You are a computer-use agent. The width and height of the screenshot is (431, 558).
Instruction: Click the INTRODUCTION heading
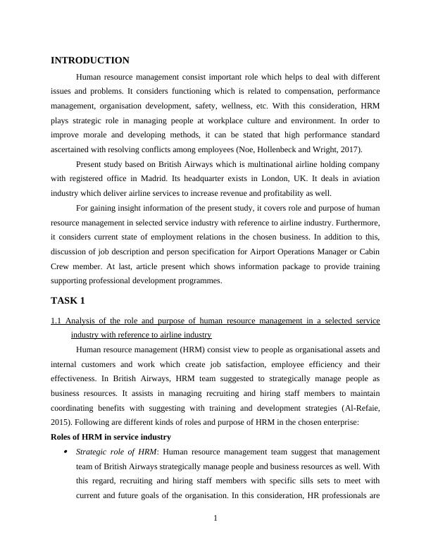point(90,61)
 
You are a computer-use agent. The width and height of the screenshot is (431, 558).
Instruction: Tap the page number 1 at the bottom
point(216,519)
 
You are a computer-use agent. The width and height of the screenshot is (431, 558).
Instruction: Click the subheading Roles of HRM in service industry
point(111,437)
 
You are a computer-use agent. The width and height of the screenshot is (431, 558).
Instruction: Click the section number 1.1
point(58,321)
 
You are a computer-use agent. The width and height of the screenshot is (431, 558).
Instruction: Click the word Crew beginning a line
point(62,267)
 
